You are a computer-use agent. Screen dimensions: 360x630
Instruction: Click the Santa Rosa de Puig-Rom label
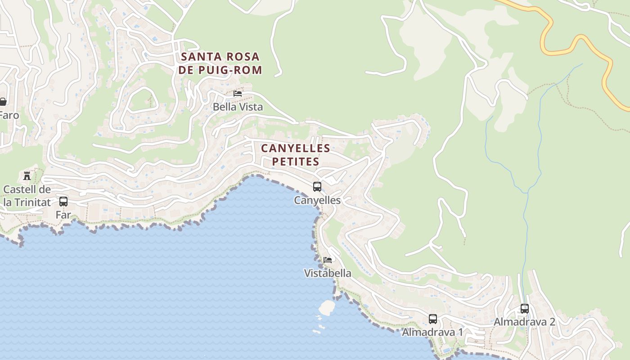[x=220, y=63]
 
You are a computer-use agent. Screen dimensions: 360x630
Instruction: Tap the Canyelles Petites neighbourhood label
[x=296, y=154]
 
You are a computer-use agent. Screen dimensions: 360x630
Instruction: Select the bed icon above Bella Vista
[x=238, y=93]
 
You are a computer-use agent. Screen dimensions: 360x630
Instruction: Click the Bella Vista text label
[x=238, y=107]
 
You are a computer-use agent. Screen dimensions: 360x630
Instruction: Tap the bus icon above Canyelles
[x=317, y=187]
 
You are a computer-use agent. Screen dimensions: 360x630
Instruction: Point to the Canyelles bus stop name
[x=317, y=200]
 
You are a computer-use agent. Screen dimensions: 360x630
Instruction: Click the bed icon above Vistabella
[x=328, y=260]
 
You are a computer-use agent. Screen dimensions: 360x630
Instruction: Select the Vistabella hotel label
[x=328, y=273]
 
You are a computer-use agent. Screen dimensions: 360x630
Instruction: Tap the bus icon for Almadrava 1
[x=433, y=319]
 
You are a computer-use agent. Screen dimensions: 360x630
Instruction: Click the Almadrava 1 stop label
[x=432, y=332]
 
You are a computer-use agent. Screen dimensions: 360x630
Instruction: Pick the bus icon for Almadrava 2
[x=525, y=309]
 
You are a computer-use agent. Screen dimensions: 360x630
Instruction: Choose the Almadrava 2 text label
[x=524, y=322]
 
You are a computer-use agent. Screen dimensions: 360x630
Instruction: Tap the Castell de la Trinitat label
[x=27, y=196]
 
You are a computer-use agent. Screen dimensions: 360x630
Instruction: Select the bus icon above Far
[x=63, y=201]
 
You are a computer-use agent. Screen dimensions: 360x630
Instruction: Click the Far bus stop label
[x=63, y=215]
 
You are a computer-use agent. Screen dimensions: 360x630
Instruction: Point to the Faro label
[x=9, y=115]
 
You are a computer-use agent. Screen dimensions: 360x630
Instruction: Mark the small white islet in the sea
[x=327, y=307]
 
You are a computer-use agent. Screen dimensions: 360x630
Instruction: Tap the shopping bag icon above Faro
[x=3, y=102]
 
